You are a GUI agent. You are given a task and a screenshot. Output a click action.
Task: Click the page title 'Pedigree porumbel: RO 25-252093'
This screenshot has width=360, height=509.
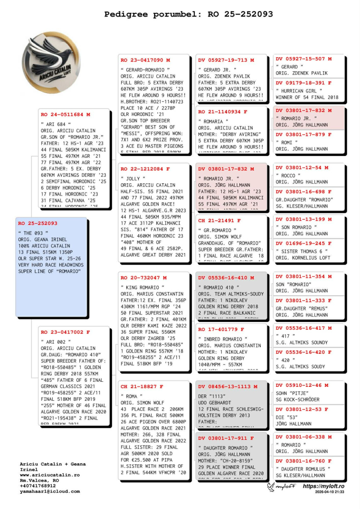point(188,14)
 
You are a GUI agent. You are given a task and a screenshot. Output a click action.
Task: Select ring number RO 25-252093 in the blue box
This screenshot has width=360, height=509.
point(38,223)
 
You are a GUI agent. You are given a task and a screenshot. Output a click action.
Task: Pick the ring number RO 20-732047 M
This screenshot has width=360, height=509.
point(143,278)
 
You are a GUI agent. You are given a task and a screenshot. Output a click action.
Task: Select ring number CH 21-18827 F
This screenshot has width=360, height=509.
point(142,387)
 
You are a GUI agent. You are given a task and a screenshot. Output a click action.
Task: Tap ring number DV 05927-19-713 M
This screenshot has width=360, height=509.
point(226,60)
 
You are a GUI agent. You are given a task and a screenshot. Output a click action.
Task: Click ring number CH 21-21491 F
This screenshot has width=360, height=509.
point(219,221)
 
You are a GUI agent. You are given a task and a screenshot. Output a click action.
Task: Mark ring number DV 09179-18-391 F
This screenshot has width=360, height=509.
point(304,83)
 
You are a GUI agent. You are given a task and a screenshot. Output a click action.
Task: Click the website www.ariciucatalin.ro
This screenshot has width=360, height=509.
point(50,475)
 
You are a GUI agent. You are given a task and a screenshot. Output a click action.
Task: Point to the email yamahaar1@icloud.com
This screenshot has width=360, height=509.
point(50,491)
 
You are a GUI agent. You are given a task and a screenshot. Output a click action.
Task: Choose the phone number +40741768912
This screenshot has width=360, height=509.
point(38,486)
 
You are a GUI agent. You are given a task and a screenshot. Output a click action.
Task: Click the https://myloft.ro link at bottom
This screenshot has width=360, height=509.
point(323,486)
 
